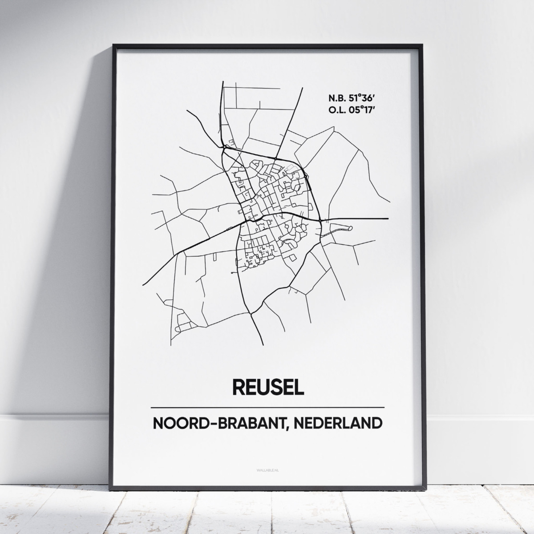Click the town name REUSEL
point(267,386)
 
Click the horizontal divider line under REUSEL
point(267,407)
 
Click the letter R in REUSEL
point(238,386)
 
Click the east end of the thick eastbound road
point(388,218)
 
